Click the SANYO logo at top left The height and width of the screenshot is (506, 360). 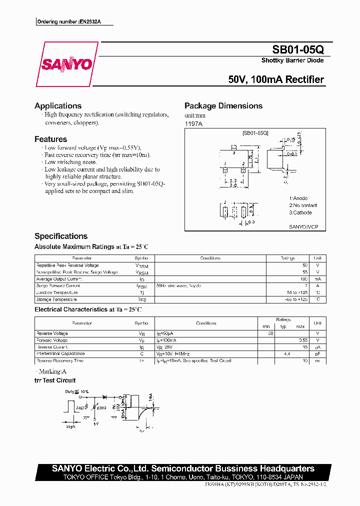pyautogui.click(x=66, y=64)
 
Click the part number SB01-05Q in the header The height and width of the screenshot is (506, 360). pyautogui.click(x=298, y=50)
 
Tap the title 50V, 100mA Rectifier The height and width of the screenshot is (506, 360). pyautogui.click(x=275, y=79)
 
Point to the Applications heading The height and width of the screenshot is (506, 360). pyautogui.click(x=58, y=106)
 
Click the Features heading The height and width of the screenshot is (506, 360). pyautogui.click(x=50, y=139)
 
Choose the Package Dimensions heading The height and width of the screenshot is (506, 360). pyautogui.click(x=223, y=106)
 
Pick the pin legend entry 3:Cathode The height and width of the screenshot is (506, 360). pyautogui.click(x=300, y=212)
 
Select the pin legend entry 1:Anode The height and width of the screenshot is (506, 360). pyautogui.click(x=298, y=198)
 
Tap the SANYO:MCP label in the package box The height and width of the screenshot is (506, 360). pyautogui.click(x=303, y=226)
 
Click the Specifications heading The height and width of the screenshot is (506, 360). pyautogui.click(x=61, y=236)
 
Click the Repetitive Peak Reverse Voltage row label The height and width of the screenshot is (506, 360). pyautogui.click(x=67, y=265)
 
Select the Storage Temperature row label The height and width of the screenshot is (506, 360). pyautogui.click(x=56, y=299)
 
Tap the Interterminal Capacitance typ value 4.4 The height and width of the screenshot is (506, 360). pyautogui.click(x=287, y=353)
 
